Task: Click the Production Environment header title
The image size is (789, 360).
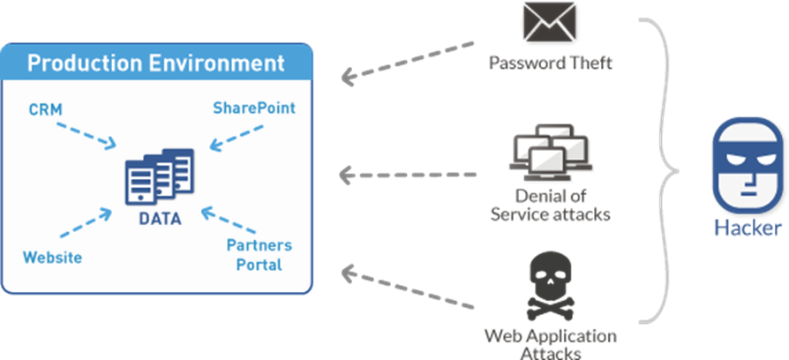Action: point(156,64)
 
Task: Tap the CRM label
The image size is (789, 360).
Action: point(44,109)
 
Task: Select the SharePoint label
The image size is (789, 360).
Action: point(253,108)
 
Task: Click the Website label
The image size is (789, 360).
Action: point(53,258)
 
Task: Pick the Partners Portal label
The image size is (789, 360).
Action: point(259,254)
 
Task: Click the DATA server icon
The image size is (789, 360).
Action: point(159,176)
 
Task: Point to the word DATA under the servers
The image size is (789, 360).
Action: point(160,218)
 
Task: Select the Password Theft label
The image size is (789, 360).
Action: point(550,64)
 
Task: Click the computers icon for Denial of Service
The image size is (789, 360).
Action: point(550,150)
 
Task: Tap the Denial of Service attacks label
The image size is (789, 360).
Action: point(550,205)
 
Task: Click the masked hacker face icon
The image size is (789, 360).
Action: point(748,164)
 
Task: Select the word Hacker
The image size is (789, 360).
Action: point(748,229)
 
